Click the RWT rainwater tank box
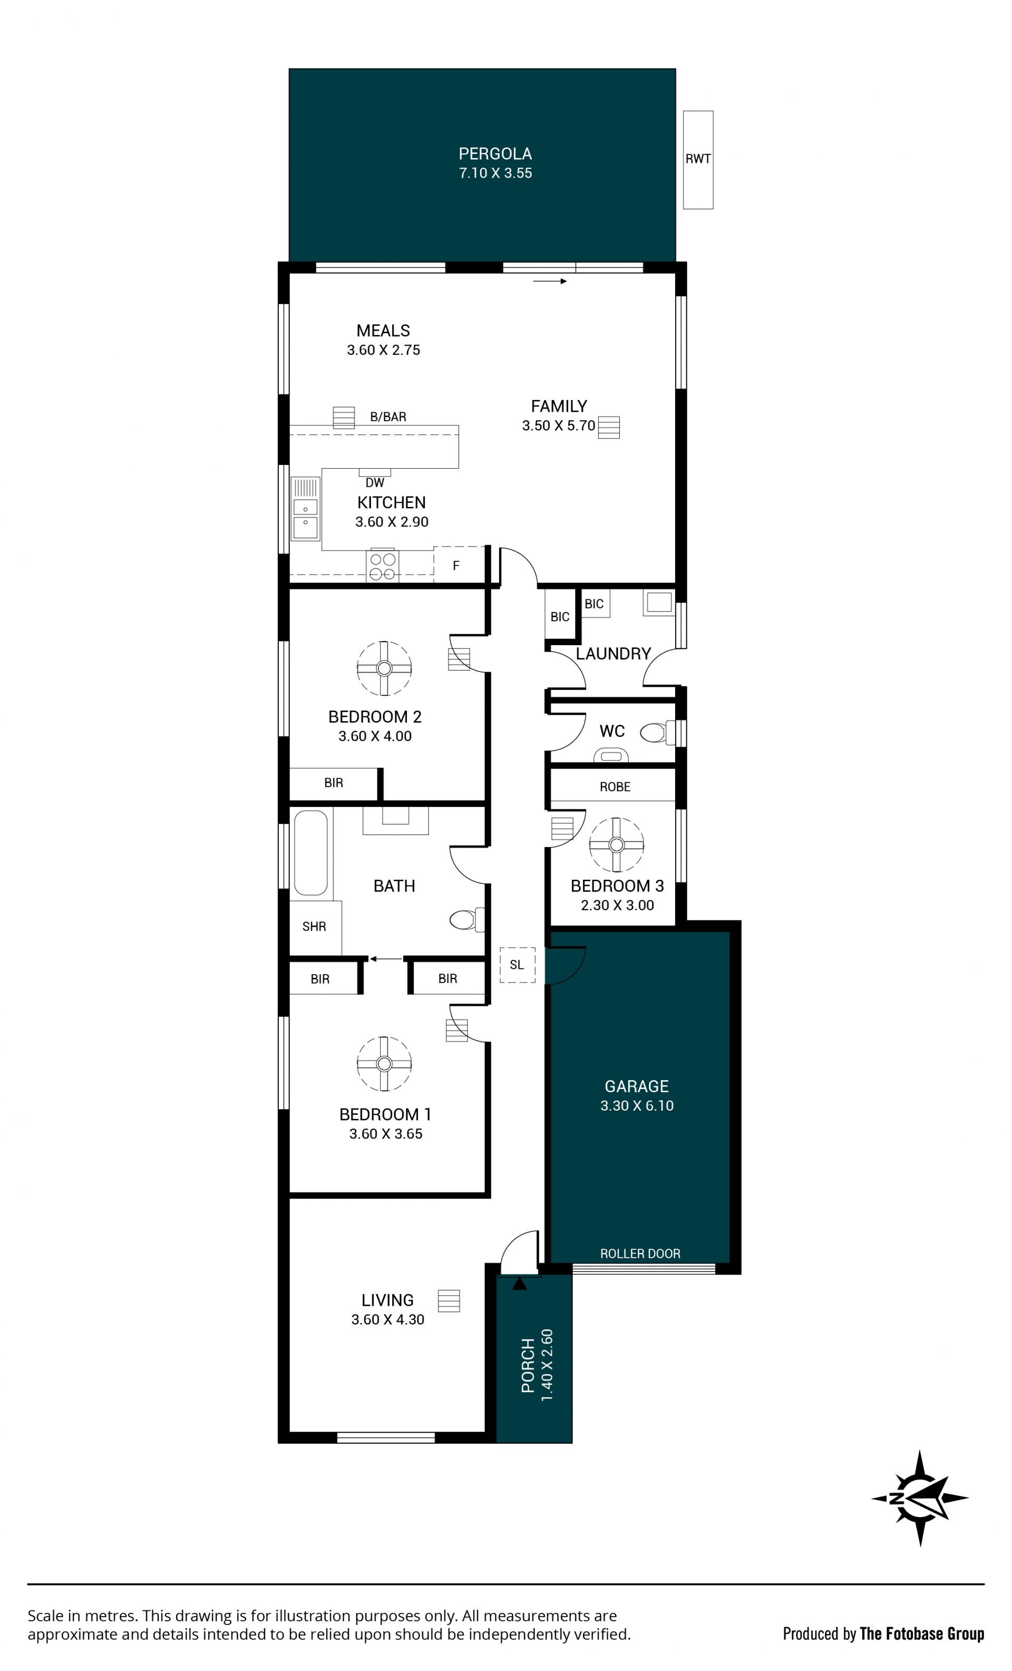697,159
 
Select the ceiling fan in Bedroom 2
384,668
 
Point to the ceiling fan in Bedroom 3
616,844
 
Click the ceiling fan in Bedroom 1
384,1063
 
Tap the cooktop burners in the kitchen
382,566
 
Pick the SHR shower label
314,926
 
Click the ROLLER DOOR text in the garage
640,1254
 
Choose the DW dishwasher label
374,483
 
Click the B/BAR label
388,417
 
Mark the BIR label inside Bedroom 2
333,783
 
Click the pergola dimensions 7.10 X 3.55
495,173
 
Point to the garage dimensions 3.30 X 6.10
636,1105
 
